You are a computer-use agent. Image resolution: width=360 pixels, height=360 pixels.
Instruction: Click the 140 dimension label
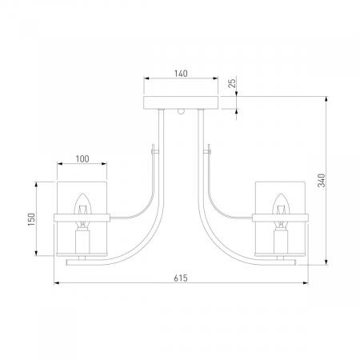click(x=181, y=74)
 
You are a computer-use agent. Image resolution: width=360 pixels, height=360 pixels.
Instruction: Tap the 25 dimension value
click(x=233, y=83)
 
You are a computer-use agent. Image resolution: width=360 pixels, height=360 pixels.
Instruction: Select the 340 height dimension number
click(x=322, y=181)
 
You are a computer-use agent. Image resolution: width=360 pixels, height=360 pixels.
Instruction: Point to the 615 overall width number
click(x=181, y=278)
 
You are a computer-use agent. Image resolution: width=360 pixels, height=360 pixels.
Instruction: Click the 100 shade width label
click(x=82, y=159)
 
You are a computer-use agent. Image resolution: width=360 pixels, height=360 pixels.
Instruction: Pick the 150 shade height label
click(x=31, y=219)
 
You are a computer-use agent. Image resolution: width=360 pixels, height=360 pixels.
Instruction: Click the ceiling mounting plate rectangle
click(x=181, y=102)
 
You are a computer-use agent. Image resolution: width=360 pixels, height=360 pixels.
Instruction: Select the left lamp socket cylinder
click(x=82, y=242)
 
